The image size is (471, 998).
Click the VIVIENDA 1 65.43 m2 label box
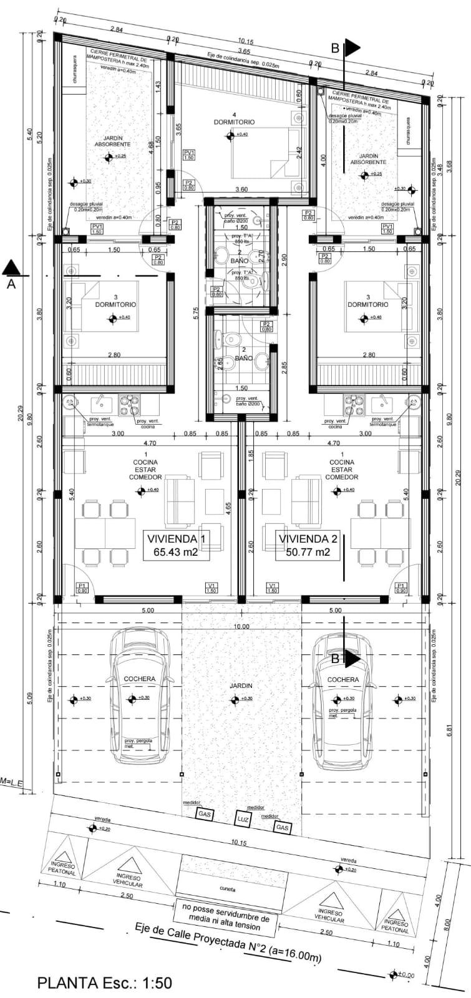(176, 545)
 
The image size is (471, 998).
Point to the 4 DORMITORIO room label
(234, 119)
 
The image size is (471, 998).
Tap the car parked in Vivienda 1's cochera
(141, 696)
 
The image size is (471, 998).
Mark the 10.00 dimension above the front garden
(242, 626)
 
